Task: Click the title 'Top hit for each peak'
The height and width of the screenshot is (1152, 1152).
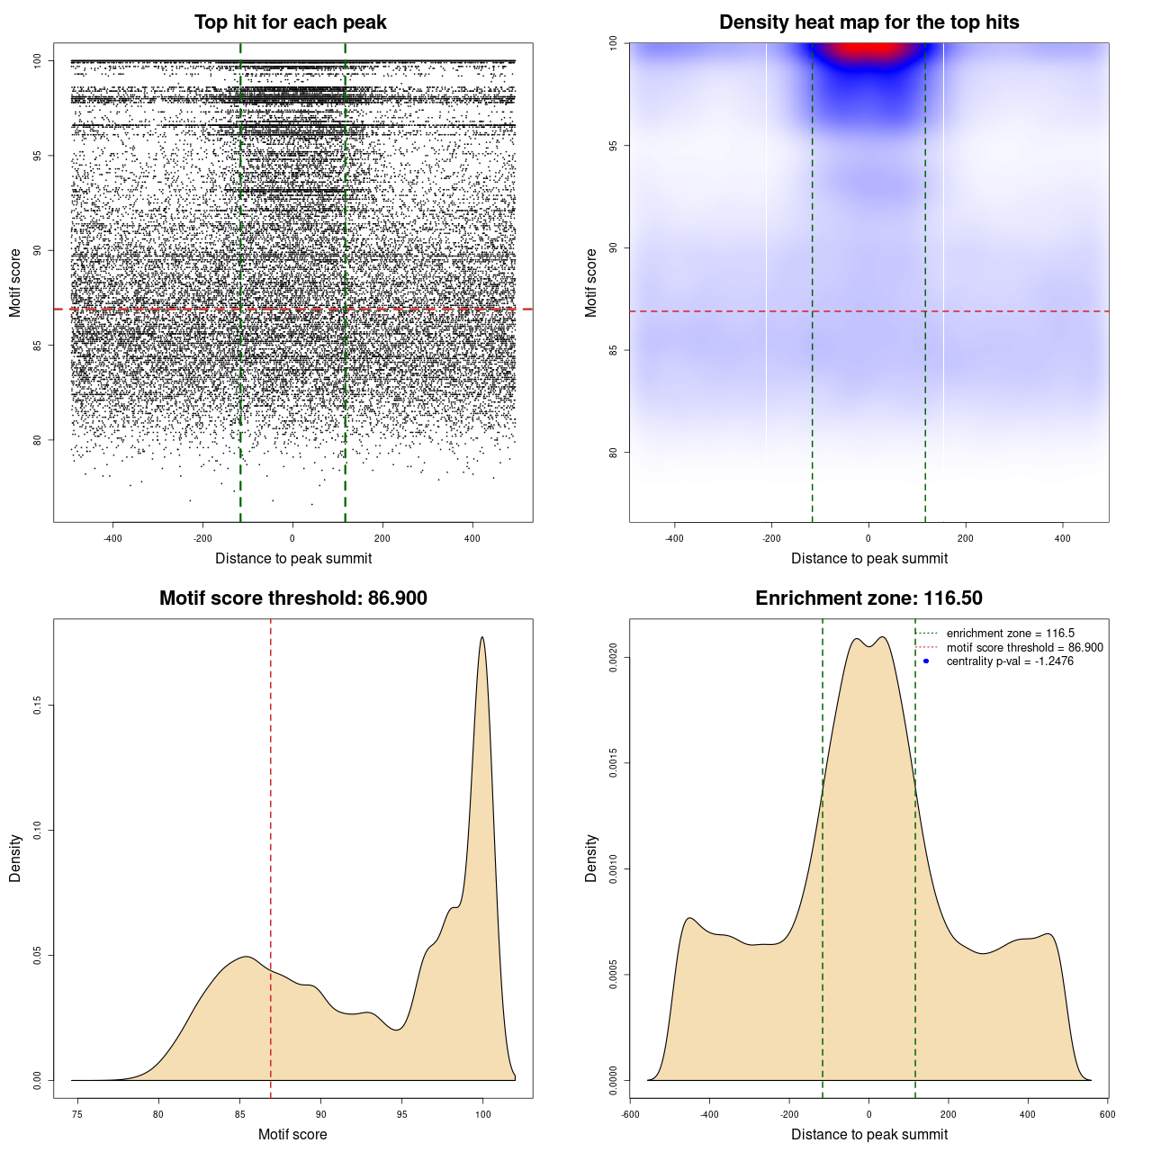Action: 290,22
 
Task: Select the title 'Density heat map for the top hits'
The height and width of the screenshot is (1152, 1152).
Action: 868,22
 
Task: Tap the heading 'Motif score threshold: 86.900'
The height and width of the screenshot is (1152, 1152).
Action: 292,598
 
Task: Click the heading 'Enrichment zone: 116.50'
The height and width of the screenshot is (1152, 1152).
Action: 868,598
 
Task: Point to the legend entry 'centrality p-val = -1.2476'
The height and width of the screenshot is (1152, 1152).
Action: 1010,661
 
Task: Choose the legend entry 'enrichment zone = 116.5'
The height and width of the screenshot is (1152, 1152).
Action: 1010,634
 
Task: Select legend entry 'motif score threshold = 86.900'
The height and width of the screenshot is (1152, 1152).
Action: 1024,648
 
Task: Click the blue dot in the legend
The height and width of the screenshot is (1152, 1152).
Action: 926,661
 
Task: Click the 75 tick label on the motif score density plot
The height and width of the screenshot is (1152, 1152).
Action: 77,1114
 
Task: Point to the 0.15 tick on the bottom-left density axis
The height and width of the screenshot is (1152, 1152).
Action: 38,705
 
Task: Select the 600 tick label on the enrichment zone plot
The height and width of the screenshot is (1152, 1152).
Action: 1107,1114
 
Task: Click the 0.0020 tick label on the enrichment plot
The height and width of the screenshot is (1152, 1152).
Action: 614,658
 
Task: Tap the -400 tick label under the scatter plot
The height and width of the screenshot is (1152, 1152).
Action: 112,538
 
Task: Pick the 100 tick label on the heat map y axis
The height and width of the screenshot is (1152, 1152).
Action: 614,43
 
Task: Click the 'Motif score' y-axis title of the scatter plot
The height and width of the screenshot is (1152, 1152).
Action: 15,283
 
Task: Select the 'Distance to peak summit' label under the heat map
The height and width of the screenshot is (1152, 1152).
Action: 868,558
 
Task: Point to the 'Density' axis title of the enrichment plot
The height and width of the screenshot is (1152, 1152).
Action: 591,858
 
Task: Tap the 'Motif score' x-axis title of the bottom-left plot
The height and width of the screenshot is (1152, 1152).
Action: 292,1134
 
